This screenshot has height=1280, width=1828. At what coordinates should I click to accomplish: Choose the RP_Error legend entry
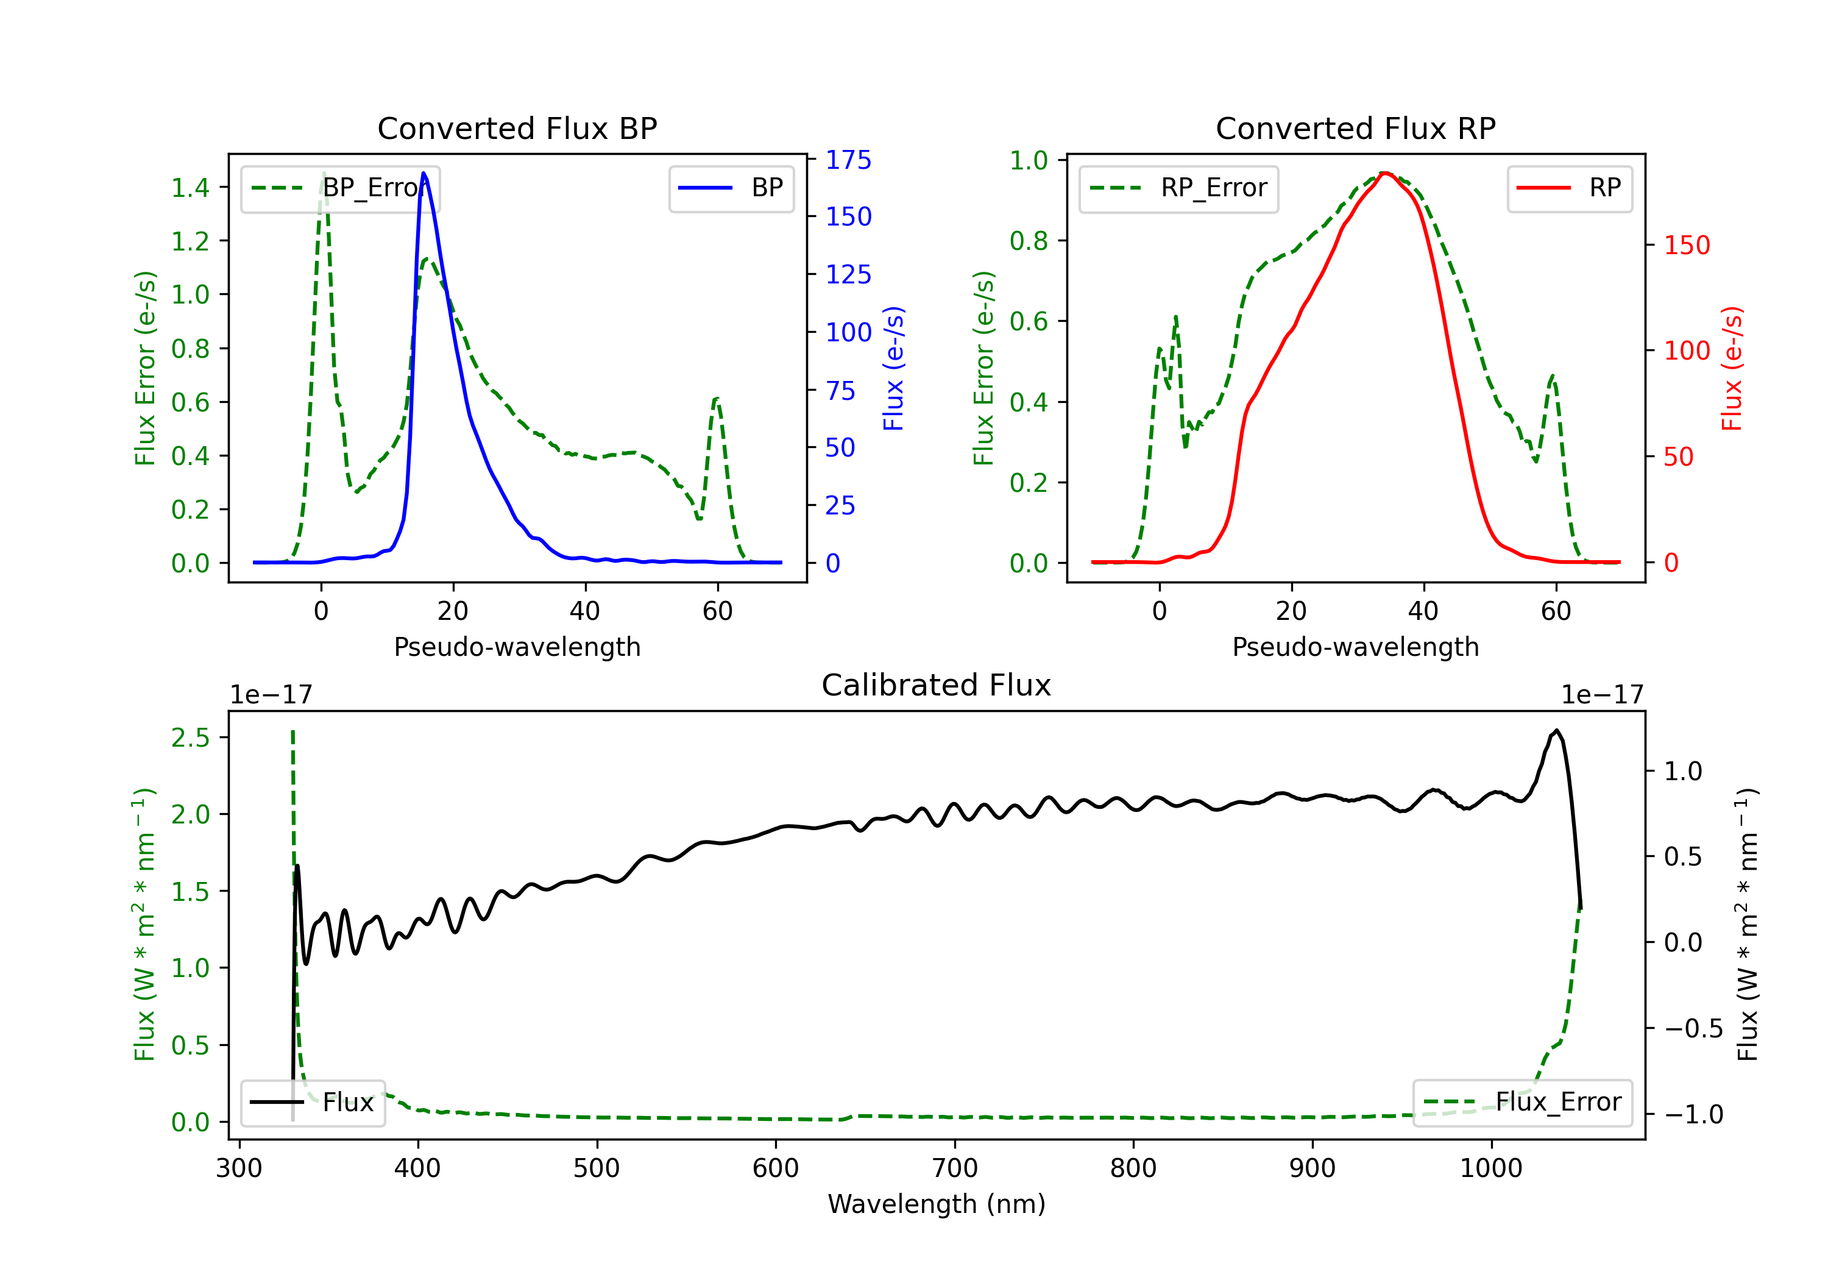click(1178, 188)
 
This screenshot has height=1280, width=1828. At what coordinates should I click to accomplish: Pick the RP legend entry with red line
click(1569, 188)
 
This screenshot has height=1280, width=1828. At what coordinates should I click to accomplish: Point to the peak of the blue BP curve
click(423, 173)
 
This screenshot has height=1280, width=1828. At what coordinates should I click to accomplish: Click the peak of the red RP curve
click(1386, 173)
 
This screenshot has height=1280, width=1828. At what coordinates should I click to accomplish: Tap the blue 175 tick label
click(848, 160)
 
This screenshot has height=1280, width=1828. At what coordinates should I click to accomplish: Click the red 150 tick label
click(1686, 245)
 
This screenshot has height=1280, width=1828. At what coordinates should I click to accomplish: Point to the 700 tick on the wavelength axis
click(955, 1168)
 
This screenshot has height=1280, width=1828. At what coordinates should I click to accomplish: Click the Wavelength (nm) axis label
click(937, 1204)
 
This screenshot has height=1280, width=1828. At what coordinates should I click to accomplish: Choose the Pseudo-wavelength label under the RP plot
click(1355, 647)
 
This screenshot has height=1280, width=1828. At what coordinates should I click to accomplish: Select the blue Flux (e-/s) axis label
click(893, 368)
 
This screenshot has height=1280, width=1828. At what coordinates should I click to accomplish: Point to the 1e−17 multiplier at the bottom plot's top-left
click(271, 695)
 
